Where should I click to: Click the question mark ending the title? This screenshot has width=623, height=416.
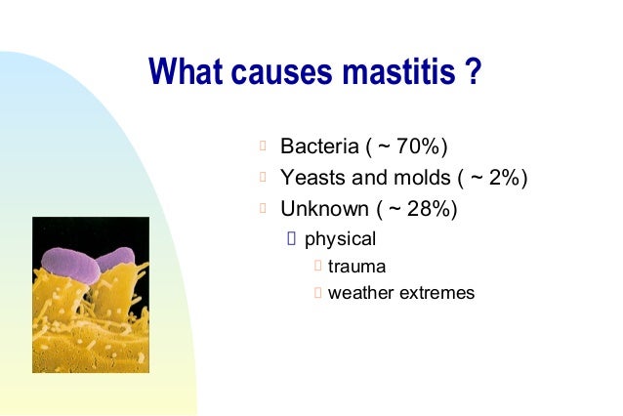[475, 72]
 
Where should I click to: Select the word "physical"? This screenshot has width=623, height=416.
[340, 238]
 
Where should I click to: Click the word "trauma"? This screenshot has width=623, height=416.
[356, 266]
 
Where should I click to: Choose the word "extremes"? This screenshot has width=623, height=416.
[436, 292]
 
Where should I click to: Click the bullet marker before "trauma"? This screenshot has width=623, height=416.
[316, 266]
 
